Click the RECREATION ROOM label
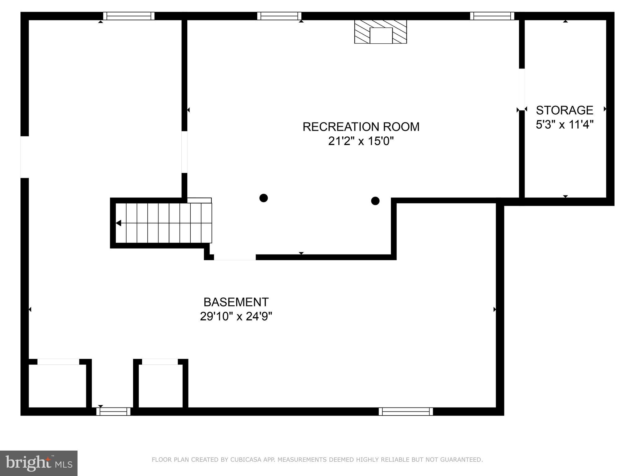361,127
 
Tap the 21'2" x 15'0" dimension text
361,141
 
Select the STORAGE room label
564,110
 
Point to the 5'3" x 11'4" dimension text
564,125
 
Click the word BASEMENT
236,302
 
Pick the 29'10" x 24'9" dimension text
236,316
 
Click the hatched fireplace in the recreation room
380,32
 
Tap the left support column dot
264,198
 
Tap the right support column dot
375,201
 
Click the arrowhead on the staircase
118,223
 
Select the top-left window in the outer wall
129,16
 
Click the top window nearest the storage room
492,16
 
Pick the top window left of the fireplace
279,16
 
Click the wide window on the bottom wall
406,412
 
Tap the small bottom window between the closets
113,412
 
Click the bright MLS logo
39,463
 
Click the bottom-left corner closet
57,386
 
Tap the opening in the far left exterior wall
24,157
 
